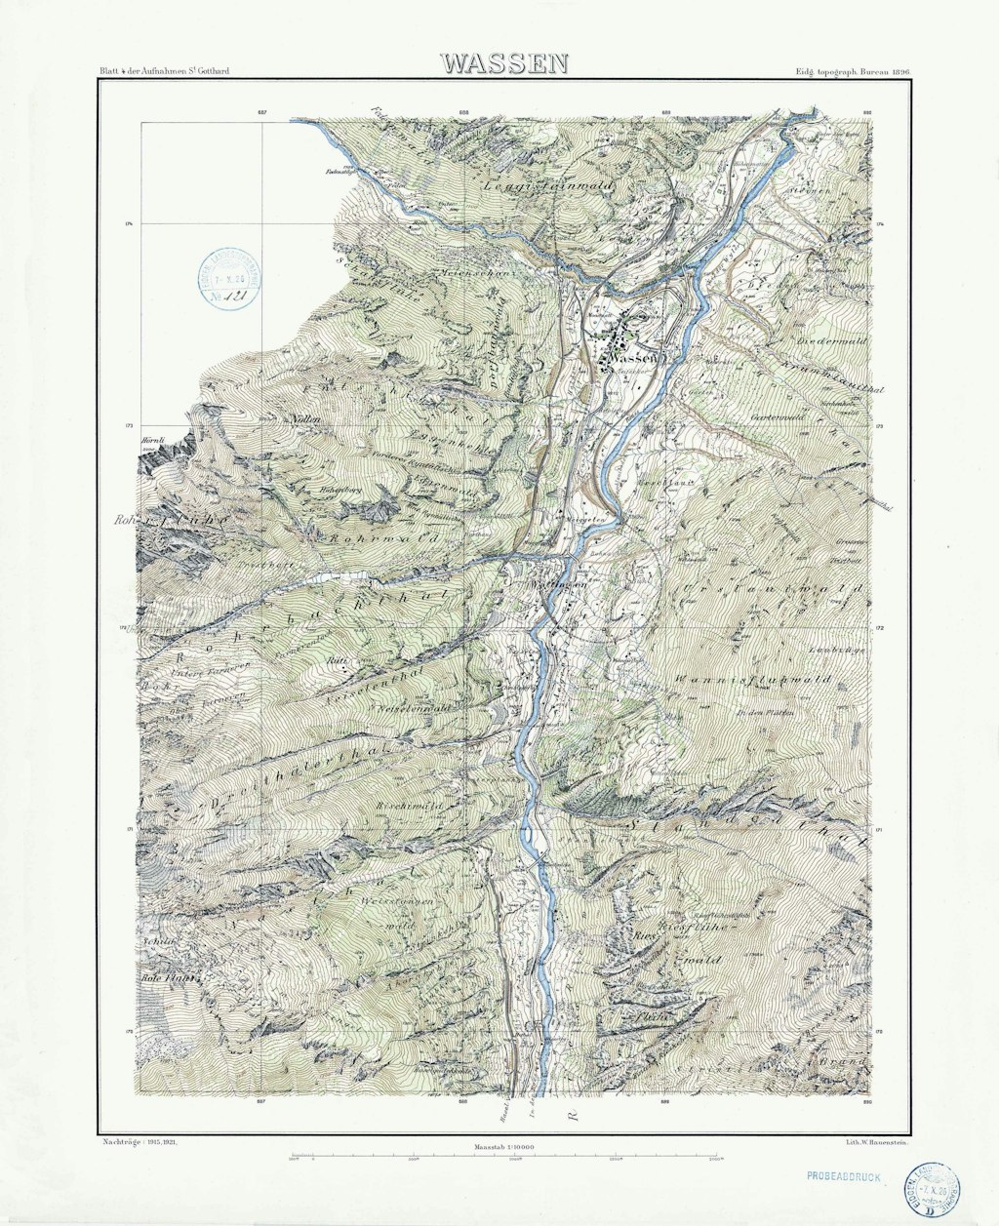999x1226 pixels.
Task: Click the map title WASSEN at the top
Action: point(503,64)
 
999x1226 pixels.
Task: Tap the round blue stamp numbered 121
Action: point(230,278)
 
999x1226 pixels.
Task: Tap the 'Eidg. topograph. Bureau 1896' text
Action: point(852,72)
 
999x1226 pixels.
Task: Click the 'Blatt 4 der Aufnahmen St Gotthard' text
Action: point(164,72)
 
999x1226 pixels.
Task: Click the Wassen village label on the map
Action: point(632,359)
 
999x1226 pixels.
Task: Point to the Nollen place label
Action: point(299,418)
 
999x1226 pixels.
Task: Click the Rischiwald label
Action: point(409,808)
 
